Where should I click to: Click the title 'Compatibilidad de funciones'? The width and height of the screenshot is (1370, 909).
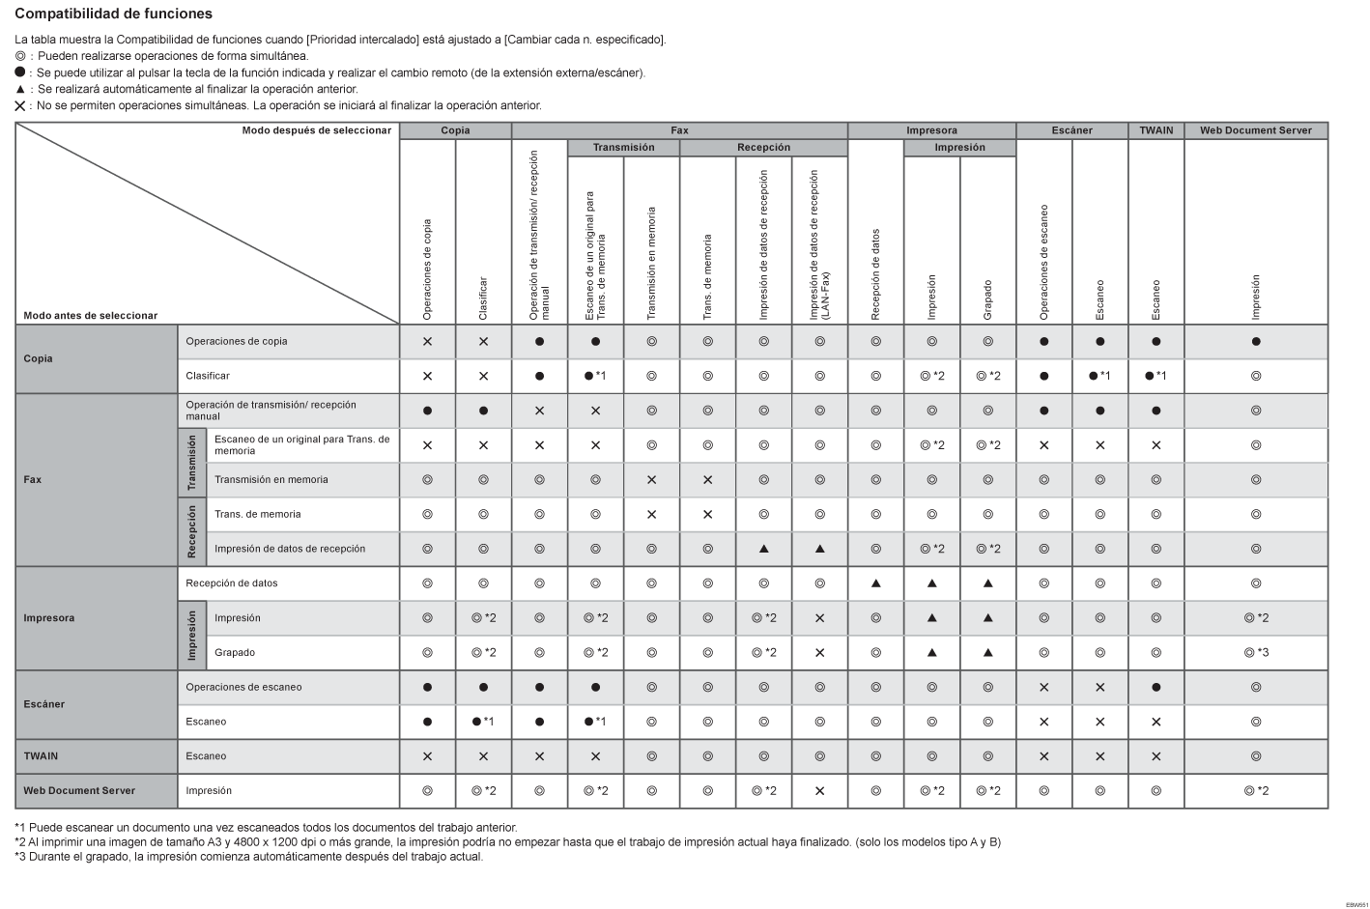coord(114,14)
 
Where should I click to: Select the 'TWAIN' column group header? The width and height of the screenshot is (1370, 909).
coord(1156,130)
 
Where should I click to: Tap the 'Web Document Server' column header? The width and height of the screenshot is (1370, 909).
coord(1255,130)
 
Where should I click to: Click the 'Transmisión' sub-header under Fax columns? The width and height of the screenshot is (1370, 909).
coord(623,148)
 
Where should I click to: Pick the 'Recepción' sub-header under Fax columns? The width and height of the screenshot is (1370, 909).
coord(763,148)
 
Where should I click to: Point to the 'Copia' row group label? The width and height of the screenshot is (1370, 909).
coord(39,358)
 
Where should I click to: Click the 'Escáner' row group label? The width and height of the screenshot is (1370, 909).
coord(44,704)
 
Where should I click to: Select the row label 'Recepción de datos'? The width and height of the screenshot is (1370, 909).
coord(231,583)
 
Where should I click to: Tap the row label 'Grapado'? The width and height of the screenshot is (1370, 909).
coord(235,653)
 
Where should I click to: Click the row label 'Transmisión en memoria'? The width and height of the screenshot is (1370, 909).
coord(271,480)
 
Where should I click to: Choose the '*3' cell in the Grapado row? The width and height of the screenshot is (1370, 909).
coord(1256,653)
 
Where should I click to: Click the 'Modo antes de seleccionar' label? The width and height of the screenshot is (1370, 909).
coord(90,316)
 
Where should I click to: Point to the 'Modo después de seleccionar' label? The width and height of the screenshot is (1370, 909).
coord(316,130)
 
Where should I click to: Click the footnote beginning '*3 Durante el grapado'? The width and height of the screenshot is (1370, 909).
coord(248,856)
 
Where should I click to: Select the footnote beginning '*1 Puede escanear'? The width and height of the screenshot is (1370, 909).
coord(266,828)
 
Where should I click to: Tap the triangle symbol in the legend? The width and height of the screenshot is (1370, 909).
coord(20,89)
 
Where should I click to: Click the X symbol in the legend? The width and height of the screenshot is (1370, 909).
coord(20,106)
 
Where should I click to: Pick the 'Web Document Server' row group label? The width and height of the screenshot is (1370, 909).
coord(79,791)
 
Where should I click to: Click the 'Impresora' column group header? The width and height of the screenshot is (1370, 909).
coord(931,130)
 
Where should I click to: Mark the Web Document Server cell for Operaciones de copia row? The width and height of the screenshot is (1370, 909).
coord(1255,342)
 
